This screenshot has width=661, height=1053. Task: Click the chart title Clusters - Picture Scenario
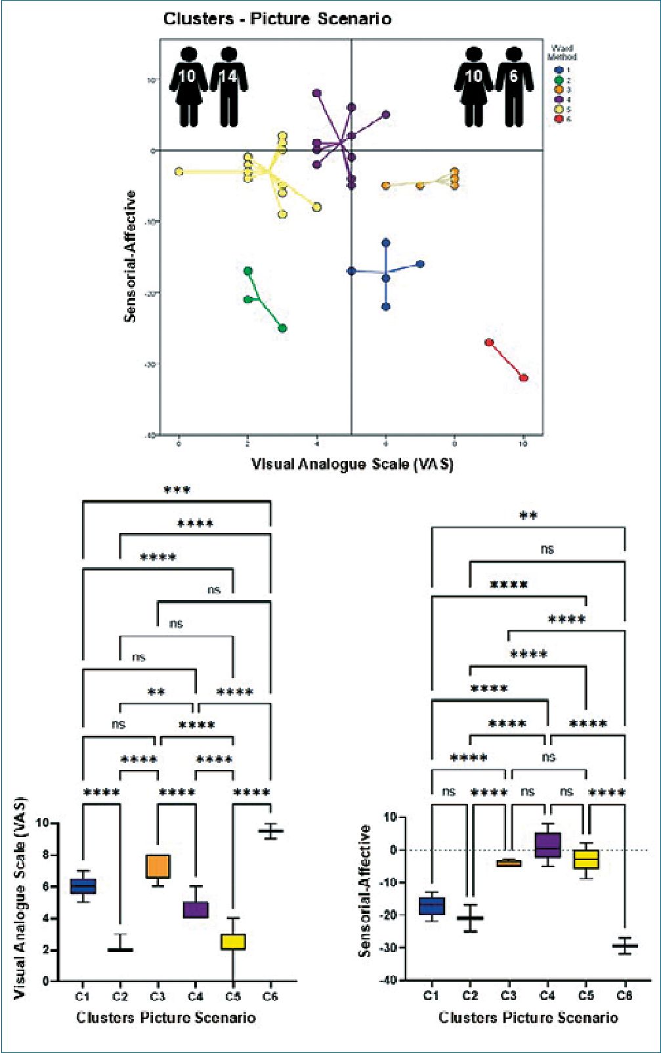277,19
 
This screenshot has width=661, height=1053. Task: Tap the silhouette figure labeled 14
228,86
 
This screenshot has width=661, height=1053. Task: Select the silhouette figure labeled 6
513,86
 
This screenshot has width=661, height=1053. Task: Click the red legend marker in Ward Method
559,119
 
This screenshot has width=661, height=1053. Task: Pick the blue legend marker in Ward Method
559,70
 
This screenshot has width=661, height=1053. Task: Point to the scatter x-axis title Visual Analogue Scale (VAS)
352,464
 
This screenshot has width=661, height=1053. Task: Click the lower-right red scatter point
523,377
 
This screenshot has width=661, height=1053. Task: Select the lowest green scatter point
282,328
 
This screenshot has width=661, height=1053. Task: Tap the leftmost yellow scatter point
179,171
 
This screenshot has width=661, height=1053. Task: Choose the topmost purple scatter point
317,93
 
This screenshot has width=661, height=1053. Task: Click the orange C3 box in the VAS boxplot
158,866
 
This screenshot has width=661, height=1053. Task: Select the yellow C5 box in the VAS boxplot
233,941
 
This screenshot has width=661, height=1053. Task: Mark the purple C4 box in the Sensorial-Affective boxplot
547,845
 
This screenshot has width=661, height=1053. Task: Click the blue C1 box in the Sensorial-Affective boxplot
432,906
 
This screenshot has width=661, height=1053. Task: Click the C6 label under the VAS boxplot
270,997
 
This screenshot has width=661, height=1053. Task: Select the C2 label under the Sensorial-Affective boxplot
470,995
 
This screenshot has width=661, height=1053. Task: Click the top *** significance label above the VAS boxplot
177,490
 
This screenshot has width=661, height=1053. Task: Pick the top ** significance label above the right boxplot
528,516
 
